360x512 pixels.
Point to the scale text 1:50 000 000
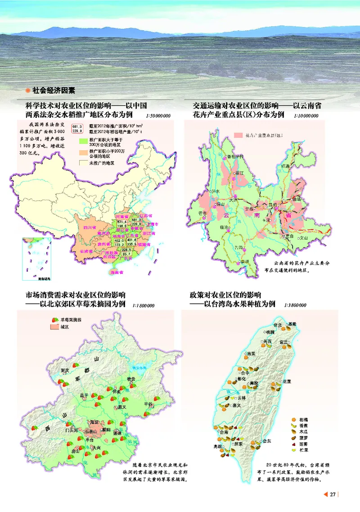point(158,116)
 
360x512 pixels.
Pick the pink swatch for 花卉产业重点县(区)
point(238,135)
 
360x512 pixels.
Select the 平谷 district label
point(148,404)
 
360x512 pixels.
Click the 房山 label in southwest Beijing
point(76,451)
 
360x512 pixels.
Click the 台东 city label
point(267,440)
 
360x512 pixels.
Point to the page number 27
point(333,495)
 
